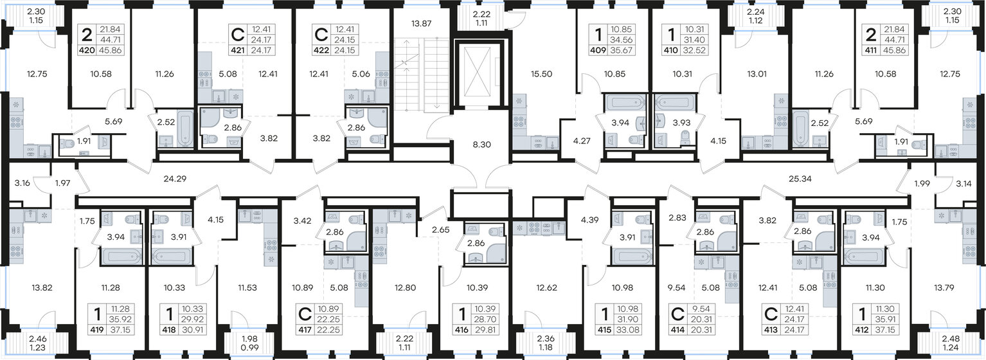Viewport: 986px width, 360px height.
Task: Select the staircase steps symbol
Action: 420,73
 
